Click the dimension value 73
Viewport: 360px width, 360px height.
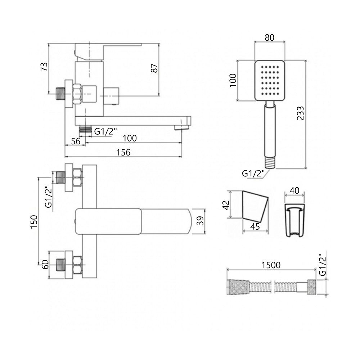[x=44, y=67]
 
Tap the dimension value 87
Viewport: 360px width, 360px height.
[x=154, y=68]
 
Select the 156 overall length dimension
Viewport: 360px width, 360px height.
[x=123, y=152]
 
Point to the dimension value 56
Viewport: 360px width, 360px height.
[x=76, y=141]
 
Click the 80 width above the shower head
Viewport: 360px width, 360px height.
[x=270, y=37]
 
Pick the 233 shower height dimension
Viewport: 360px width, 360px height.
[x=300, y=113]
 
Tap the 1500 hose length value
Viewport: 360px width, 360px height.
[x=271, y=265]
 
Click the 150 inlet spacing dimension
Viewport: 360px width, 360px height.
[x=34, y=222]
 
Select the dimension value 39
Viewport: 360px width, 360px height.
[x=201, y=221]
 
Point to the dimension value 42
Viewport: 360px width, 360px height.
[x=226, y=205]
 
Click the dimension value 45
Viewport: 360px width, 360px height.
[x=255, y=226]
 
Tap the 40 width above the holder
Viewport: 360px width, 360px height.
[x=294, y=190]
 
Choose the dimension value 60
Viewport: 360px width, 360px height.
[x=46, y=265]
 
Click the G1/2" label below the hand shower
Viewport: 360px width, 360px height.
[x=253, y=174]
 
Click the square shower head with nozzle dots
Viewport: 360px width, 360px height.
[x=270, y=80]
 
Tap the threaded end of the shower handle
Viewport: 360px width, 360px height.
[x=270, y=163]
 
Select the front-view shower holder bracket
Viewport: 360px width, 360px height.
[x=294, y=220]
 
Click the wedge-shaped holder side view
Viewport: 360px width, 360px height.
[x=255, y=205]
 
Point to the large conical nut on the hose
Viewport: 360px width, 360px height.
[x=238, y=287]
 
